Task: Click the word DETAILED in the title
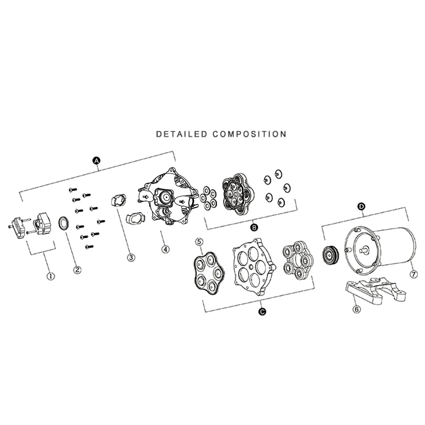click(x=182, y=134)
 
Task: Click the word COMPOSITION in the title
click(x=249, y=134)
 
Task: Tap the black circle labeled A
click(x=96, y=160)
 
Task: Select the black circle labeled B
click(x=254, y=228)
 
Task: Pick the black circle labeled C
click(x=262, y=312)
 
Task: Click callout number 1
click(x=51, y=276)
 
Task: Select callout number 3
click(x=131, y=257)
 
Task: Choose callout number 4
click(x=166, y=249)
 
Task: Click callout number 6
click(x=357, y=309)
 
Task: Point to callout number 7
click(x=414, y=275)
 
